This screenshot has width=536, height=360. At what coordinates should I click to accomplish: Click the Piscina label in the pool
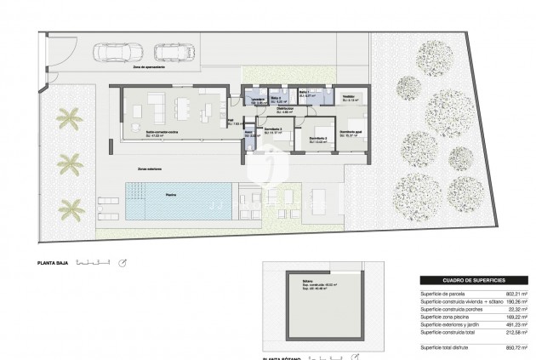point(172,195)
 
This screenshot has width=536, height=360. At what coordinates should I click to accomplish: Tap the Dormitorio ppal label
point(353,132)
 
